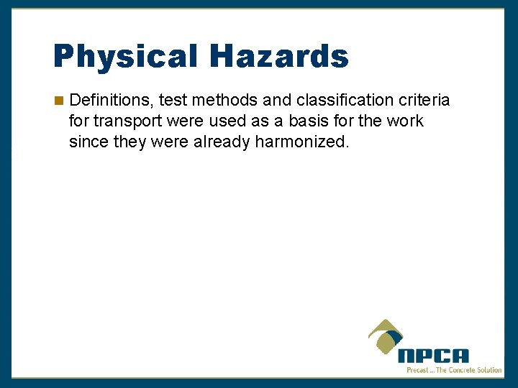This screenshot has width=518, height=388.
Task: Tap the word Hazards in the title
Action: click(280, 56)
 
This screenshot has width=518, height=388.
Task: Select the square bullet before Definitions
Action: click(59, 101)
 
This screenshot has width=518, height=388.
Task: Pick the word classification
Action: click(342, 101)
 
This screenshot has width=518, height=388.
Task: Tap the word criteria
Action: click(424, 101)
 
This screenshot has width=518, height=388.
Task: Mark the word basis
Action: click(291, 121)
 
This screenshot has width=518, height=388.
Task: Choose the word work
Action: click(405, 121)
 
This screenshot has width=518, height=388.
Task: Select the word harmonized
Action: click(302, 142)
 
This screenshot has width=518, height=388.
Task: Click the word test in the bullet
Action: click(173, 101)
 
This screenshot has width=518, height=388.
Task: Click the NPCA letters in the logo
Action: click(433, 355)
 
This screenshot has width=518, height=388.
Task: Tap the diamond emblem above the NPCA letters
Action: click(386, 336)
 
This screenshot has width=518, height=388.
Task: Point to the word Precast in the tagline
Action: click(419, 370)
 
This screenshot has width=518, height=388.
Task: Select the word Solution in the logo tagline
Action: click(488, 370)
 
